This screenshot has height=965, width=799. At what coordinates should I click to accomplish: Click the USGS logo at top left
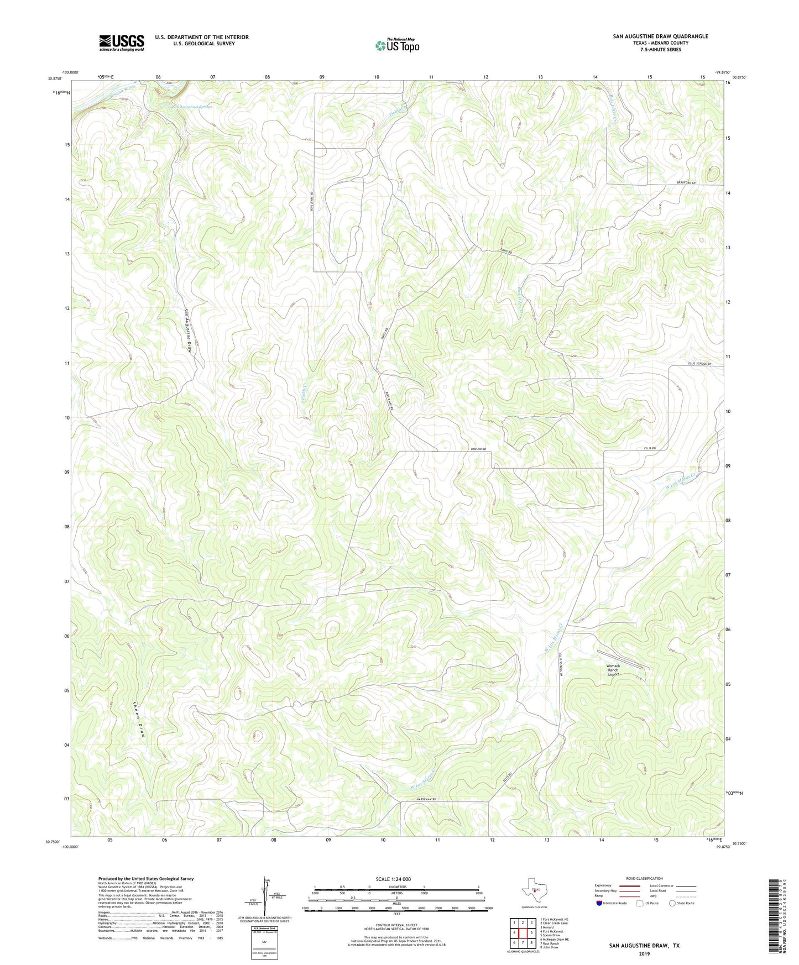[x=122, y=43]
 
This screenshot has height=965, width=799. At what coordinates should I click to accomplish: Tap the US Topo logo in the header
[x=397, y=45]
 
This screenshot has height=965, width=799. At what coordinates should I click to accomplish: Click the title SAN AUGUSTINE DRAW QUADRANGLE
[x=660, y=36]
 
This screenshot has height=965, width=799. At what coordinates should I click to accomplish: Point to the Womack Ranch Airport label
[x=613, y=670]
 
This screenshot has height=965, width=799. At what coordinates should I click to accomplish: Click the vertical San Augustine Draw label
[x=189, y=331]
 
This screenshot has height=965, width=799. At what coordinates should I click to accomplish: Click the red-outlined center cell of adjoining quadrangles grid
[x=523, y=932]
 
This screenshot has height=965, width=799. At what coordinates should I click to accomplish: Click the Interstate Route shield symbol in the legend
[x=599, y=903]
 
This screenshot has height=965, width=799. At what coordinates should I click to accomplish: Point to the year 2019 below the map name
[x=644, y=953]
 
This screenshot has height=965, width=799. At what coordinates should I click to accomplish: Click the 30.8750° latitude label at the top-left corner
[x=57, y=78]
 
